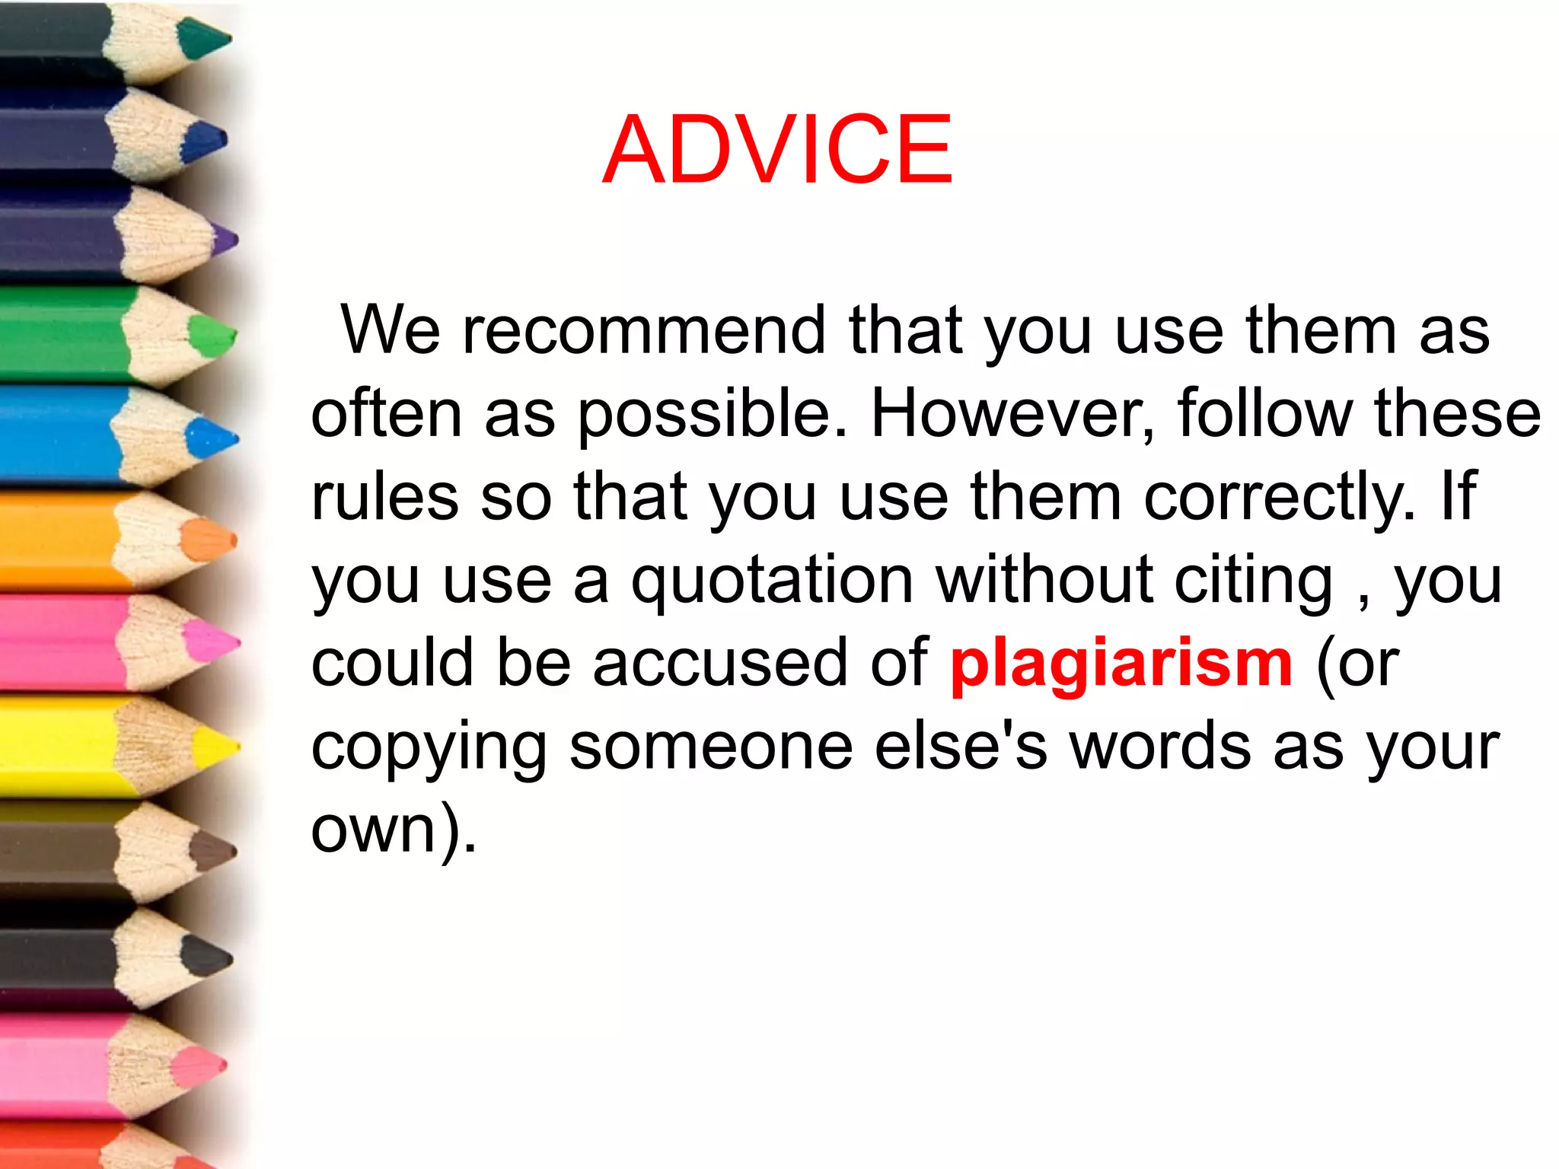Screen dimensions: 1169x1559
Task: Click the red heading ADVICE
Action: (777, 149)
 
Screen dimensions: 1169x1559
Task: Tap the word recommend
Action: (644, 330)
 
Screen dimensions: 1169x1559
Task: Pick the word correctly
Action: (1279, 498)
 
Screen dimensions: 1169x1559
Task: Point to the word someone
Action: (711, 747)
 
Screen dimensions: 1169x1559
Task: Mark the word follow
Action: (1264, 414)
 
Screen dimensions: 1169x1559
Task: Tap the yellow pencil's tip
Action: (220, 746)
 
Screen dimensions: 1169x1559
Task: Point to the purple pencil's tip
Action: (225, 240)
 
